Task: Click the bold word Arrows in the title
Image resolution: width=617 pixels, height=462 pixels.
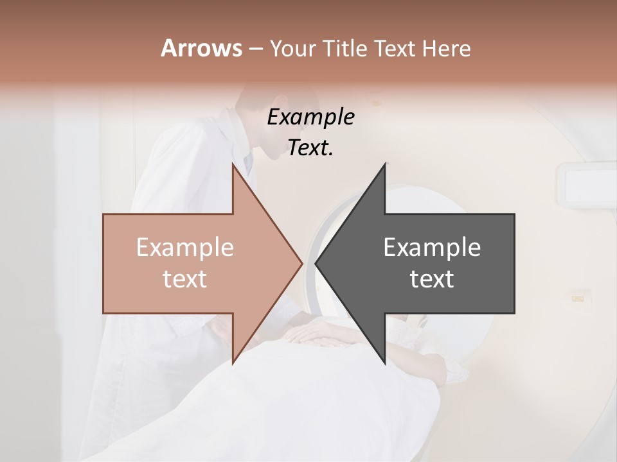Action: [x=202, y=48]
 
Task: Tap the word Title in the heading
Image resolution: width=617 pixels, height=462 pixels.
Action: [x=346, y=48]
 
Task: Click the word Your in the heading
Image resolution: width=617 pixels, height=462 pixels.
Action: [x=292, y=48]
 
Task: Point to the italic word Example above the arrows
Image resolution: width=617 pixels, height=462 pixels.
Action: [x=310, y=117]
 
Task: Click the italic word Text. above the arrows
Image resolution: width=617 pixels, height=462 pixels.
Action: [x=310, y=148]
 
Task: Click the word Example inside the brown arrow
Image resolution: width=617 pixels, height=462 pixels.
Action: [x=185, y=247]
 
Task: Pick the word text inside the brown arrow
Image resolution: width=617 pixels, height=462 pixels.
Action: [x=185, y=278]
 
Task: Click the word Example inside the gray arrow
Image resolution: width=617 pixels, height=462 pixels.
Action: [x=432, y=247]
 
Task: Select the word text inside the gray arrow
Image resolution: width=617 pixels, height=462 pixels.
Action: [x=432, y=278]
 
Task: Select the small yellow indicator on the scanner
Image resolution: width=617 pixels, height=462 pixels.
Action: [x=578, y=298]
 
